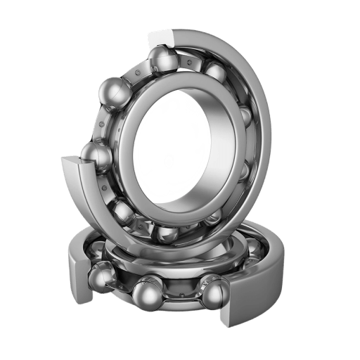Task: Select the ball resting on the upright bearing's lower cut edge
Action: (x=95, y=156)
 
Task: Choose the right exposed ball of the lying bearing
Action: (x=214, y=292)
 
